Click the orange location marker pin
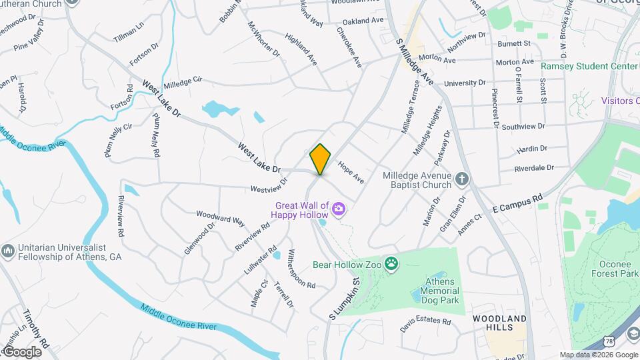tap(321, 159)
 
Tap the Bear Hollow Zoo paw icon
tap(391, 264)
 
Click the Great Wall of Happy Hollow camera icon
tap(339, 211)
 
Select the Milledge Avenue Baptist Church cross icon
tap(461, 179)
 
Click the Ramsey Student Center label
tap(579, 66)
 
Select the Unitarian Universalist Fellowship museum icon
tap(8, 251)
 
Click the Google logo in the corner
tap(21, 351)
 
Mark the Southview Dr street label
tap(523, 125)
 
